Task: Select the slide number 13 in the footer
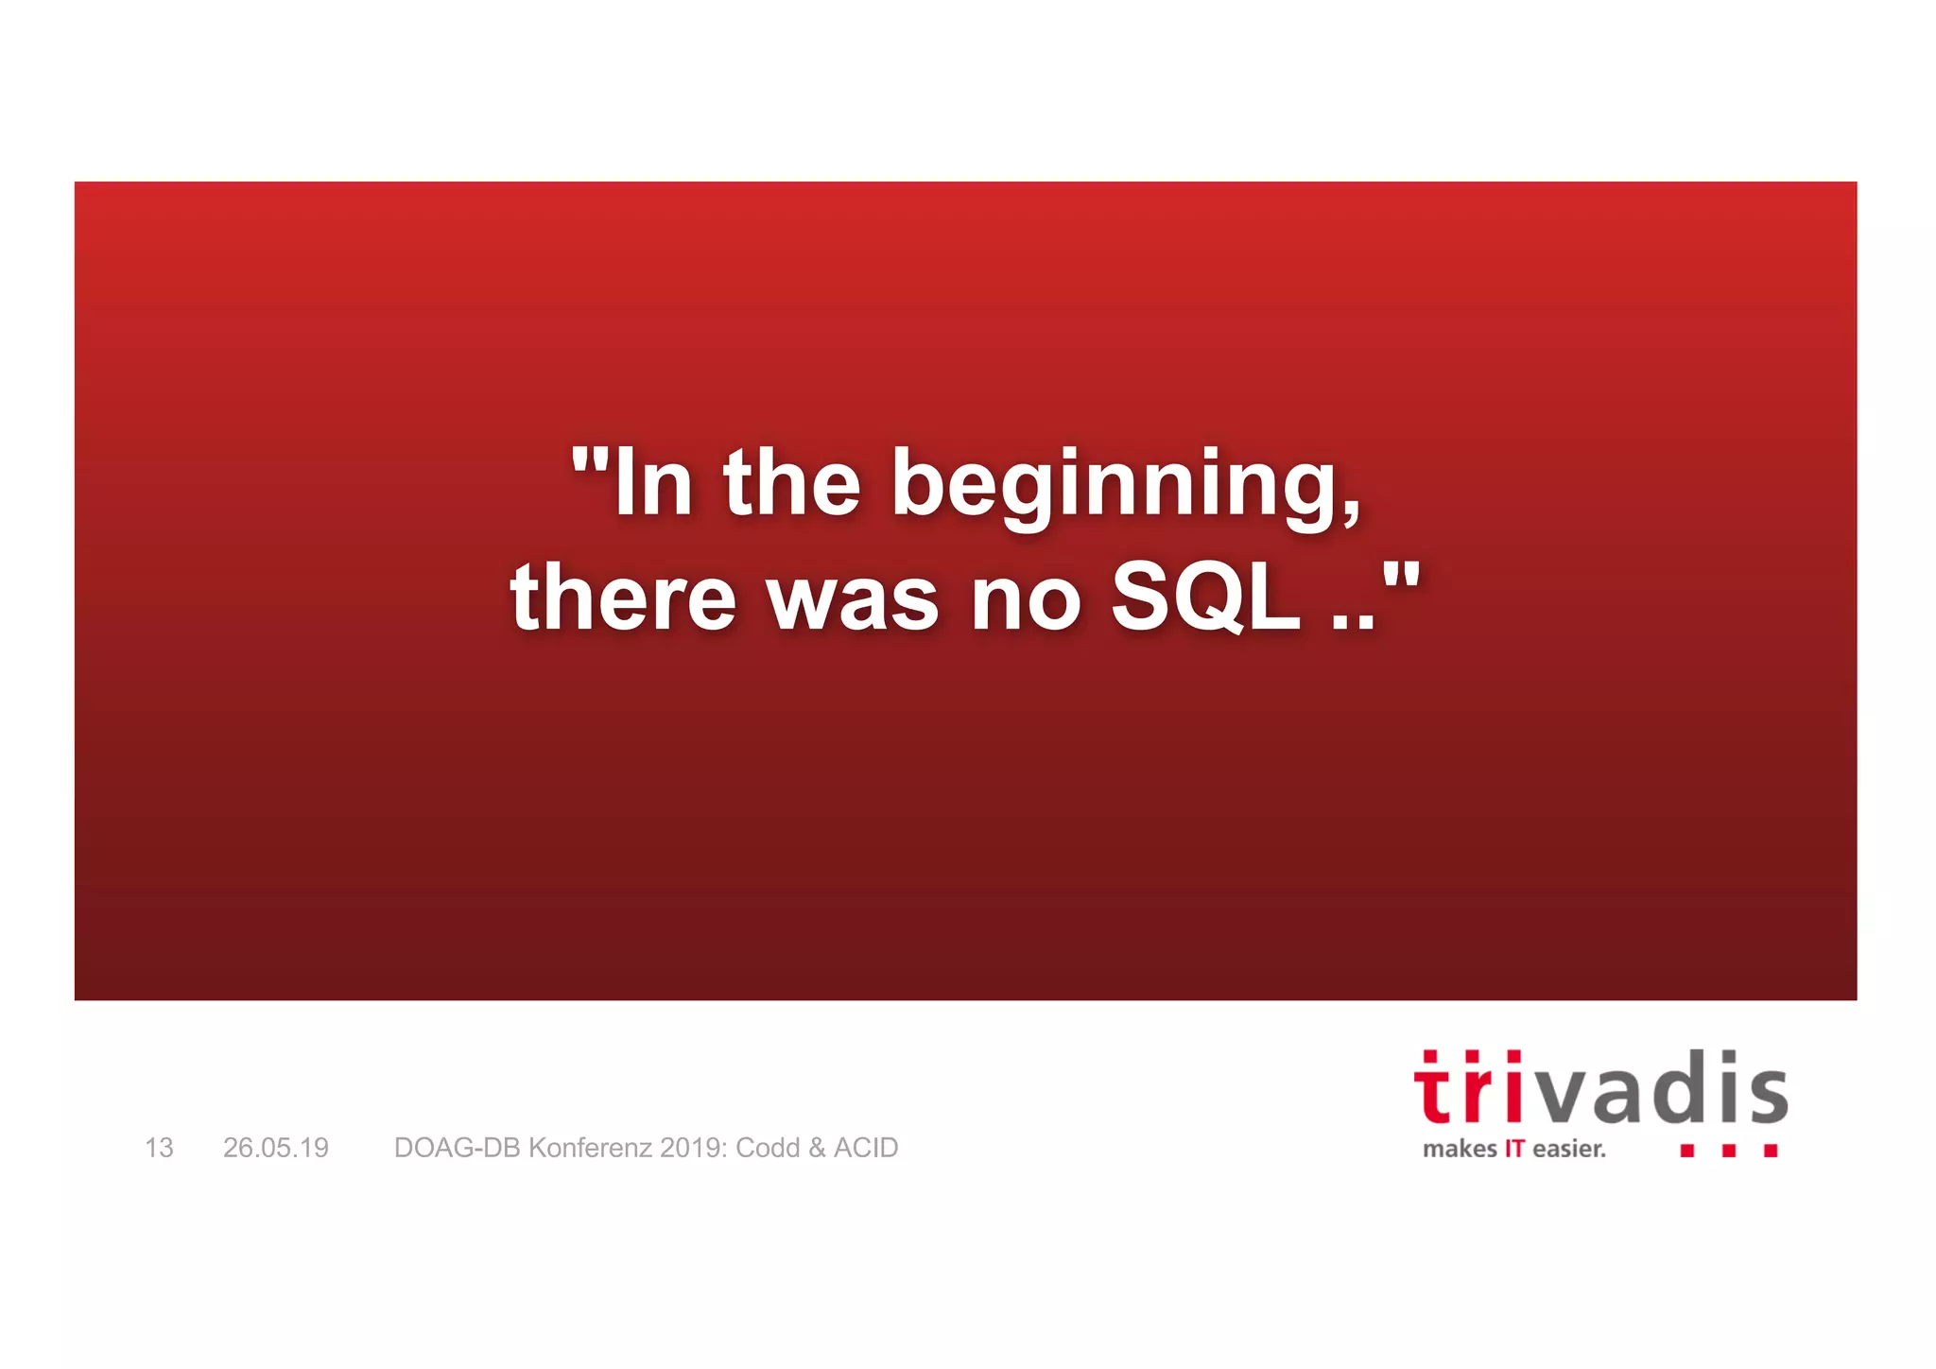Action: coord(159,1148)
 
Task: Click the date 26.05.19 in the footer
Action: coord(275,1148)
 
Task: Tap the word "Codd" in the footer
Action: coord(768,1148)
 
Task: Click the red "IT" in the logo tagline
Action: coord(1514,1150)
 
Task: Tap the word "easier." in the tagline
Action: coord(1569,1150)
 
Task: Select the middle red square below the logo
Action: coord(1729,1151)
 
